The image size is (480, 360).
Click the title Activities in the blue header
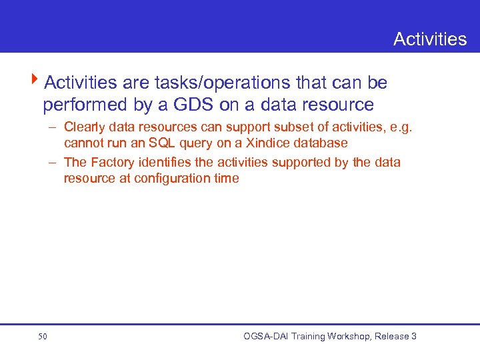tap(430, 39)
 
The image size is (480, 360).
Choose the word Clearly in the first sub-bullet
tap(84, 127)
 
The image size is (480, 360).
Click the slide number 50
tap(43, 337)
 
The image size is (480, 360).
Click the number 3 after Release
tap(413, 337)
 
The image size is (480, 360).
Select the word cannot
tap(83, 143)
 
